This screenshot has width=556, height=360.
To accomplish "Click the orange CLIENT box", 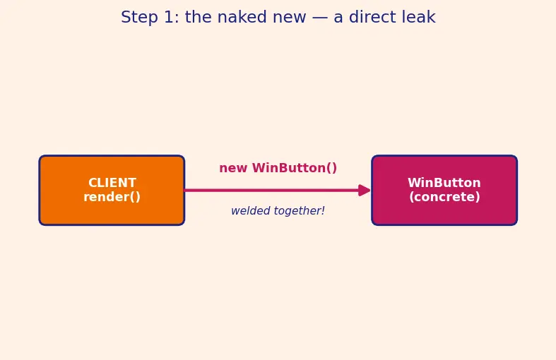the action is [x=112, y=191].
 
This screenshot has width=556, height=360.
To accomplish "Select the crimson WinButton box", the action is [x=444, y=191].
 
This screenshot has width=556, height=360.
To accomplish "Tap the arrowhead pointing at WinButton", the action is [x=364, y=191].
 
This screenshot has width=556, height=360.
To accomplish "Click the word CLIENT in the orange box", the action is [x=112, y=183].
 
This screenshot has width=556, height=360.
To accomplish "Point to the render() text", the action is [x=112, y=197].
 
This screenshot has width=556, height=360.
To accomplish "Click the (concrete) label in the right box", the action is [x=444, y=197].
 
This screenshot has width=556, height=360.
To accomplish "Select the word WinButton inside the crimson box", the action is [x=444, y=183].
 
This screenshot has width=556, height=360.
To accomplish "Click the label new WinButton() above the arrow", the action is [x=278, y=168].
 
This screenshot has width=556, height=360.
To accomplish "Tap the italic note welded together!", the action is [x=278, y=211].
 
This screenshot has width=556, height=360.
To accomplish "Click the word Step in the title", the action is [x=139, y=18].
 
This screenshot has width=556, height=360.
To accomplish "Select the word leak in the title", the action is [x=420, y=17].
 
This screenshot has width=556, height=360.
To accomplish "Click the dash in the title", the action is [x=320, y=18].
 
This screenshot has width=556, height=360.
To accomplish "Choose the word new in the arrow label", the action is [x=233, y=168].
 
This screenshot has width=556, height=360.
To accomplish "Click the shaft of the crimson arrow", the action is [x=271, y=191].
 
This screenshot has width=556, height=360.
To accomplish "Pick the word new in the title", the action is [x=289, y=18].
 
